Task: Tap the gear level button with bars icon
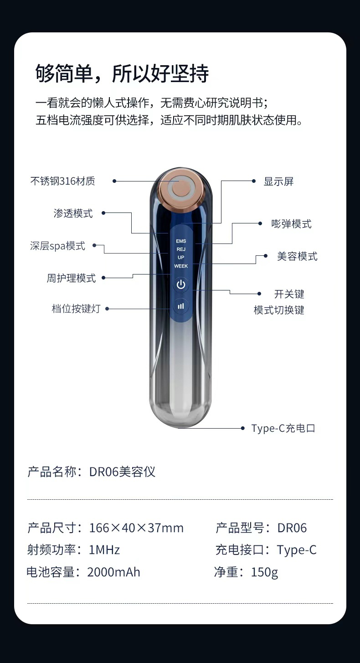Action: pyautogui.click(x=181, y=306)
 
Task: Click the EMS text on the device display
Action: pyautogui.click(x=181, y=241)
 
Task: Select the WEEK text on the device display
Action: pyautogui.click(x=181, y=266)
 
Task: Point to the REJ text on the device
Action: pyautogui.click(x=181, y=249)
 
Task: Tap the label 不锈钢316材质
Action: pyautogui.click(x=63, y=181)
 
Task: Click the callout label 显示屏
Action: pyautogui.click(x=279, y=181)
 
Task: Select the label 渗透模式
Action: pyautogui.click(x=73, y=213)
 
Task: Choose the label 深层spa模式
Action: pyautogui.click(x=58, y=246)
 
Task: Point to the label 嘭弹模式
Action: pyautogui.click(x=292, y=224)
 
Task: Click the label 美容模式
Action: pyautogui.click(x=297, y=256)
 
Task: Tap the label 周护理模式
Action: pyautogui.click(x=71, y=278)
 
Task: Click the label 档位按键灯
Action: pyautogui.click(x=76, y=308)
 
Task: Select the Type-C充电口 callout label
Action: pyautogui.click(x=283, y=428)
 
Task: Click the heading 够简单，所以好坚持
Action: pyautogui.click(x=122, y=73)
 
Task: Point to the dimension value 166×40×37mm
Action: pyautogui.click(x=136, y=528)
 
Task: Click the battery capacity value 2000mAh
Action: pyautogui.click(x=113, y=572)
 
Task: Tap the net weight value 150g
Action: pyautogui.click(x=264, y=572)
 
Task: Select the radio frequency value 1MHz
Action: pyautogui.click(x=104, y=550)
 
